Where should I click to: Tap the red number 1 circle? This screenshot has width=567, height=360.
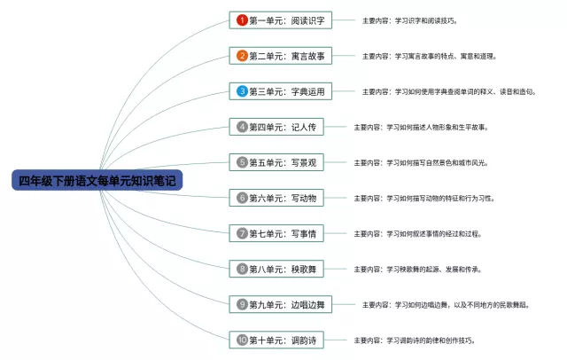point(242,20)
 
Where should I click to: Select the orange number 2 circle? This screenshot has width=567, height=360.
point(242,56)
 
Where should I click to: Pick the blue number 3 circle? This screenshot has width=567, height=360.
point(242,91)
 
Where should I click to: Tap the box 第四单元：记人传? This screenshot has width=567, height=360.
point(275,127)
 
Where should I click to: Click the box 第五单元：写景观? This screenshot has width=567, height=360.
point(275,162)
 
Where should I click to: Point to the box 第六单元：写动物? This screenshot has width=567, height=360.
point(275,198)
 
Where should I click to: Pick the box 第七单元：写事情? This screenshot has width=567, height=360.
point(275,233)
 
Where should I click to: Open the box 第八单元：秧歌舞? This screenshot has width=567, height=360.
point(275,269)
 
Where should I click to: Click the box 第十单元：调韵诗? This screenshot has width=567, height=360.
point(275,340)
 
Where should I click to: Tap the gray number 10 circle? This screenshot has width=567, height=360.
point(242,340)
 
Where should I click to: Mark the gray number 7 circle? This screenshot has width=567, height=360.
point(242,233)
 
